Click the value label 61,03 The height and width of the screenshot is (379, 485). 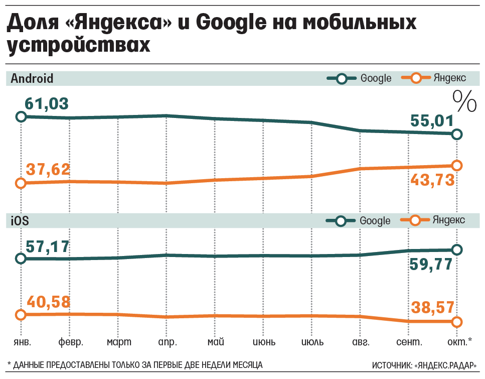click(x=47, y=104)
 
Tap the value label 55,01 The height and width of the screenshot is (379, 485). click(x=432, y=121)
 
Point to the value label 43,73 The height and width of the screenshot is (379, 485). click(x=432, y=180)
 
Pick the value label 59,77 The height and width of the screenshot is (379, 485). click(x=432, y=265)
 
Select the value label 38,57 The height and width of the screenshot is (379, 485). click(x=432, y=307)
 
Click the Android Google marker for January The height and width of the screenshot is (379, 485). click(x=21, y=117)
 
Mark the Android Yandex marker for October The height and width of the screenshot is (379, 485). click(x=456, y=165)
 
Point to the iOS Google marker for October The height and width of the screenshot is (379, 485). click(x=456, y=249)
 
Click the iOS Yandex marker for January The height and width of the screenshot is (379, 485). click(x=21, y=315)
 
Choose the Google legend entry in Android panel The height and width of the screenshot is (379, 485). click(x=359, y=79)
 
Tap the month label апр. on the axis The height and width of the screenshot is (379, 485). click(x=167, y=342)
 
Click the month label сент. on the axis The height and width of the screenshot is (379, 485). click(x=408, y=342)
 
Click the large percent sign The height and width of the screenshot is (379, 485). click(x=464, y=101)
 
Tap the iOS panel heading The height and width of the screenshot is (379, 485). click(x=20, y=220)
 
